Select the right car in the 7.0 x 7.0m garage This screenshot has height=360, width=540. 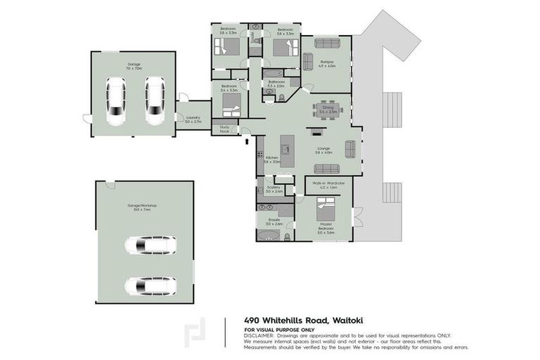point(154,101)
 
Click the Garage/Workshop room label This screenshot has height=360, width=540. point(141,207)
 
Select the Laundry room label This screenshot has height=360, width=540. point(193,120)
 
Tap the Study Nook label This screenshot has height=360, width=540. point(225,129)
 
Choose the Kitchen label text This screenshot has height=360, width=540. point(272,160)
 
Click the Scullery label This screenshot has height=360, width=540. point(274,189)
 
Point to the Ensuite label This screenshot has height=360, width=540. point(274,221)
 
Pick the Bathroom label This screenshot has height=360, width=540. point(276,84)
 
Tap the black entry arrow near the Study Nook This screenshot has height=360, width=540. point(247,141)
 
